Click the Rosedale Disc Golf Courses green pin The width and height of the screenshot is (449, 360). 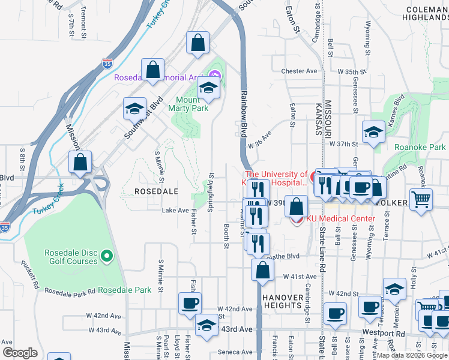click(107, 257)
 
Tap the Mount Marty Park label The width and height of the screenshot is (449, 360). click(191, 104)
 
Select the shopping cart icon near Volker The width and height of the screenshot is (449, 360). click(421, 199)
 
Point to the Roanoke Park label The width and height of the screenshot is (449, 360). click(420, 147)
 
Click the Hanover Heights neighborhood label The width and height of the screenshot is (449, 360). click(282, 300)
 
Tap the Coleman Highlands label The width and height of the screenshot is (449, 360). click(426, 14)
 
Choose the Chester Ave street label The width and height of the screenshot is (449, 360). click(299, 71)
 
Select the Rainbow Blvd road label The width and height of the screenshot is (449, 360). click(244, 115)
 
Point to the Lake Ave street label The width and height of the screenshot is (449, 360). click(175, 211)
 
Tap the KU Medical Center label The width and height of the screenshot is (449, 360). click(340, 218)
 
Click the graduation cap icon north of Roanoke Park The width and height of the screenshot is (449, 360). click(373, 132)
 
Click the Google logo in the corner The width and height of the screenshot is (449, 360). click(20, 353)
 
